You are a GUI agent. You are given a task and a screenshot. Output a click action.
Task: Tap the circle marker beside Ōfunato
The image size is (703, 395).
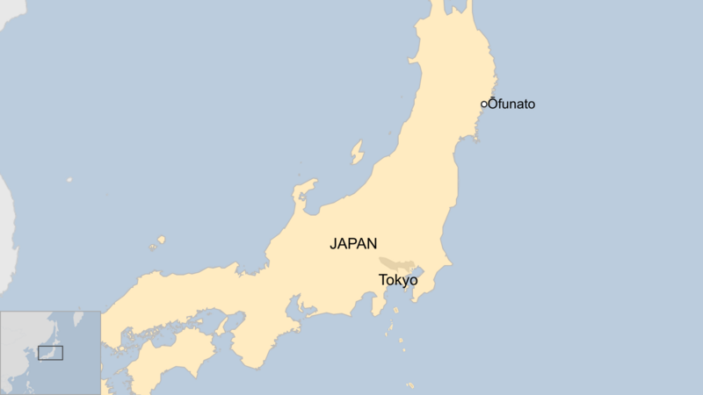(483, 104)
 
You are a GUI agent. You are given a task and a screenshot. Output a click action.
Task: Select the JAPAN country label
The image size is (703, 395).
(353, 244)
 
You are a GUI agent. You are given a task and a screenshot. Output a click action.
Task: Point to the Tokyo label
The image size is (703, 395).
(398, 280)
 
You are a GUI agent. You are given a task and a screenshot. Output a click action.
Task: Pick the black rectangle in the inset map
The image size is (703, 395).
(50, 353)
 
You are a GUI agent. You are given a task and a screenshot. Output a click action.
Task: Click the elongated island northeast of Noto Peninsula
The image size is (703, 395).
(357, 153)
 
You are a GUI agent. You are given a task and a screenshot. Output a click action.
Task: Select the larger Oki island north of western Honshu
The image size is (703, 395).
(160, 240)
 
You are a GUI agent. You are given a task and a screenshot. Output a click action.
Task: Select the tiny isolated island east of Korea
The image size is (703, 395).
(69, 179)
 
